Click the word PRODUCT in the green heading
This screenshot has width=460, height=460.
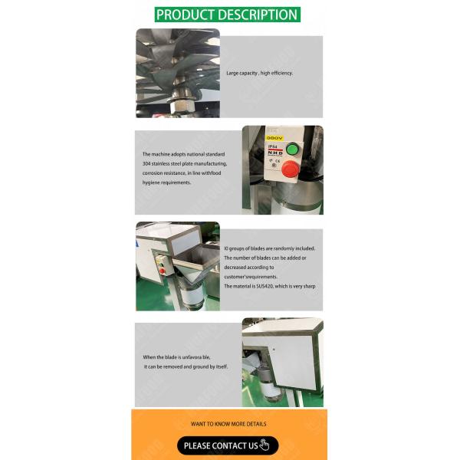pyautogui.click(x=186, y=15)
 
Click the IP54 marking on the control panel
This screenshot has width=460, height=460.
pyautogui.click(x=271, y=146)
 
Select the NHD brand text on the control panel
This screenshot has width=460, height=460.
pyautogui.click(x=273, y=153)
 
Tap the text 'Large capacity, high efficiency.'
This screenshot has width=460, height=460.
pyautogui.click(x=259, y=74)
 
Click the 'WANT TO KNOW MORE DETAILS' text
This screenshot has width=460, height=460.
pyautogui.click(x=228, y=423)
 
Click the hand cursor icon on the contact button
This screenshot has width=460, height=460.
pyautogui.click(x=265, y=445)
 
